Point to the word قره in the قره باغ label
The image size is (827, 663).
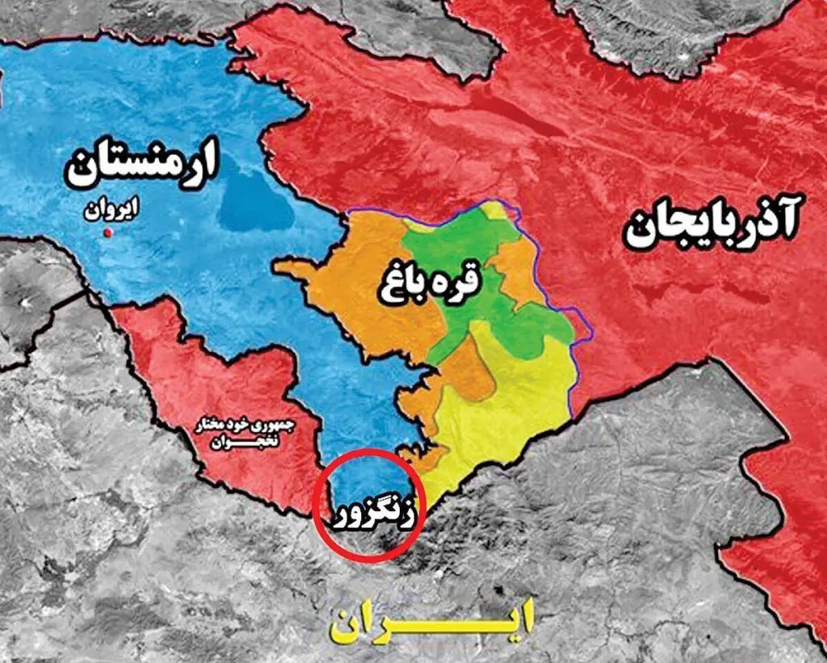[460, 279]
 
